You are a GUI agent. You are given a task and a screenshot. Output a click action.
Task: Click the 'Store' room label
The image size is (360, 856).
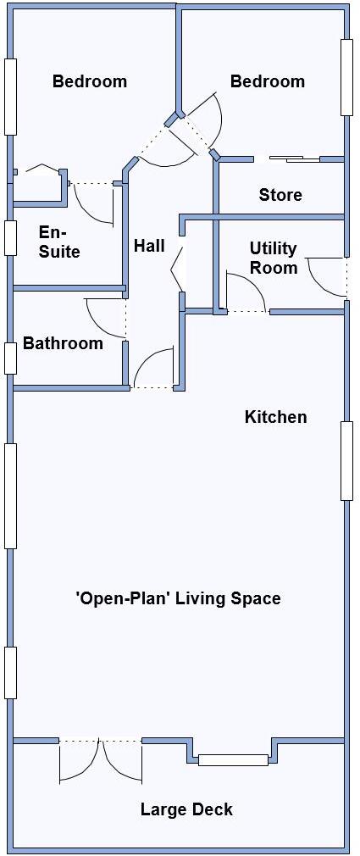point(280,195)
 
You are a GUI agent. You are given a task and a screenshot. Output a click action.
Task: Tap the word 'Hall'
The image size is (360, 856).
point(149,246)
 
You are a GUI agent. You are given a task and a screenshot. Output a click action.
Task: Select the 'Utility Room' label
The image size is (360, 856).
point(273,258)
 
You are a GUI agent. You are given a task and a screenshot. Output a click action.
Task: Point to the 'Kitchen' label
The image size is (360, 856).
point(275,417)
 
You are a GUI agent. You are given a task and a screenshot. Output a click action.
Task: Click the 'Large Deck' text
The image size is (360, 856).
point(186,809)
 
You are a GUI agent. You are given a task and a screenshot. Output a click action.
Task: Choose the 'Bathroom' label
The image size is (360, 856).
point(63,343)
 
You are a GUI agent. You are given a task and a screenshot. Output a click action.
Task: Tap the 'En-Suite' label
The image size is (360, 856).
point(59,242)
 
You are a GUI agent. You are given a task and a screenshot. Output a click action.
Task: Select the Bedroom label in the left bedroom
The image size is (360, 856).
point(90,81)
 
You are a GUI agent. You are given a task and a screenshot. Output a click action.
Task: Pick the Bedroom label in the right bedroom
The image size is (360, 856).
point(267,81)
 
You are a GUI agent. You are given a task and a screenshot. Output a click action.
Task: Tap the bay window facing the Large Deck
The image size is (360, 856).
point(233,759)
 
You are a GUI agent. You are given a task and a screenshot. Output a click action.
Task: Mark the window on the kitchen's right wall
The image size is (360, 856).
point(346,460)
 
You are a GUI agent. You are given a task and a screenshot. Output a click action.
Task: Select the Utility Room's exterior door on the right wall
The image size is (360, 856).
point(326,275)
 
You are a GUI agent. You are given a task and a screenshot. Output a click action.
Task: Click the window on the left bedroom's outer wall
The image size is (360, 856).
point(10,96)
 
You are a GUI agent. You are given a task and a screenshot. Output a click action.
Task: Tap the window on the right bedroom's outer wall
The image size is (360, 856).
point(346,76)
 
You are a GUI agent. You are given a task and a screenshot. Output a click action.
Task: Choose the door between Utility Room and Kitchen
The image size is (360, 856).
point(246,295)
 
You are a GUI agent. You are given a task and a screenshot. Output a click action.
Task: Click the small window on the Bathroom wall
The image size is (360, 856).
point(10,358)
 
